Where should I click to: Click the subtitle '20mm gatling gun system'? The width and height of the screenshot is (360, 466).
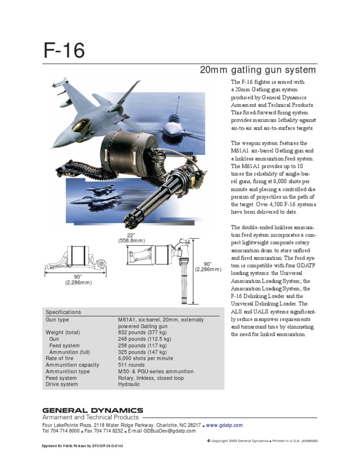[x=258, y=70]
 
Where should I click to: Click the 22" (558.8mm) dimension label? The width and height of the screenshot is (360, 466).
[x=131, y=237]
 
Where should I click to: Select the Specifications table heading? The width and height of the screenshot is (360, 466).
[x=63, y=312]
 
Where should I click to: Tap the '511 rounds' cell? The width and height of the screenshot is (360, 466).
[x=131, y=365]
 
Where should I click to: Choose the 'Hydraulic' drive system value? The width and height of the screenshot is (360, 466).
[x=129, y=384]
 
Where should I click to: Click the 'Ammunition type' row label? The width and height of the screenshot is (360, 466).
[x=67, y=371]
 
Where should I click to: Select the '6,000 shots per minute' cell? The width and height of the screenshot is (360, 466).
[x=145, y=358]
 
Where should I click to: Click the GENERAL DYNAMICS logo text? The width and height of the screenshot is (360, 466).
[x=93, y=410]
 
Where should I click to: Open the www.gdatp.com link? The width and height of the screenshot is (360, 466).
[x=225, y=425]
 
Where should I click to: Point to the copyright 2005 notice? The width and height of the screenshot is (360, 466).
[x=262, y=441]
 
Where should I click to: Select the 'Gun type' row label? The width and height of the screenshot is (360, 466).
[x=57, y=320]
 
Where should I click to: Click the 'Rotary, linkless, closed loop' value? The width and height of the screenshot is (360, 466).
[x=151, y=378]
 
